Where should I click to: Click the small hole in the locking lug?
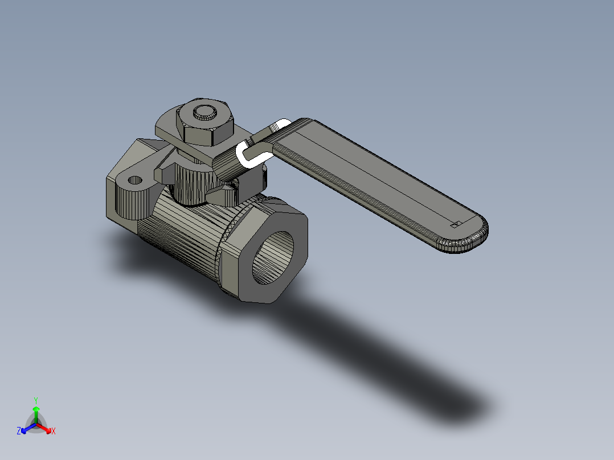click(135, 180)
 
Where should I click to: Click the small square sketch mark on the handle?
click(455, 224)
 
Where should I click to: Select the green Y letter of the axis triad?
click(35, 400)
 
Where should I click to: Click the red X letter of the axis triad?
click(54, 432)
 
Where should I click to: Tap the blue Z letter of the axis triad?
click(19, 432)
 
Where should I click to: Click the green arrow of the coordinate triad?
click(35, 412)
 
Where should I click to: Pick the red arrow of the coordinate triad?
click(46, 428)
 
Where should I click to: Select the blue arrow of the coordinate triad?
click(26, 428)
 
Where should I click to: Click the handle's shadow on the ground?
click(399, 364)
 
